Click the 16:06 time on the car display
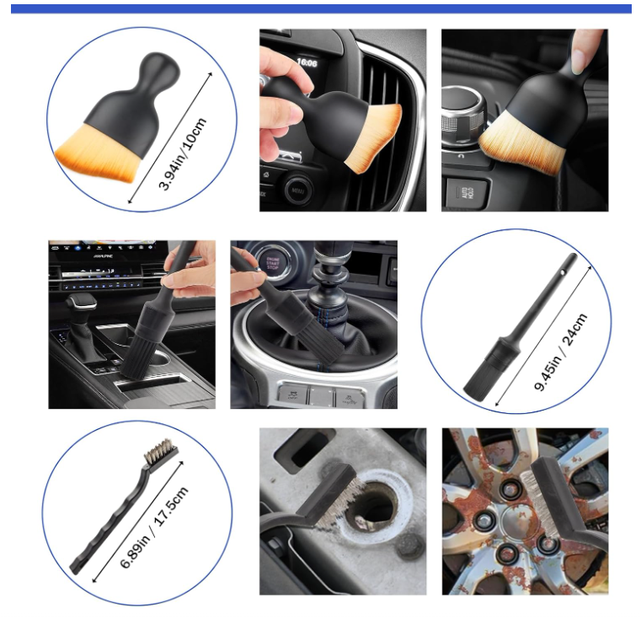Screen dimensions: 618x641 [x=307, y=62]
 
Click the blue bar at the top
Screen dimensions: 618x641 [x=320, y=8]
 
